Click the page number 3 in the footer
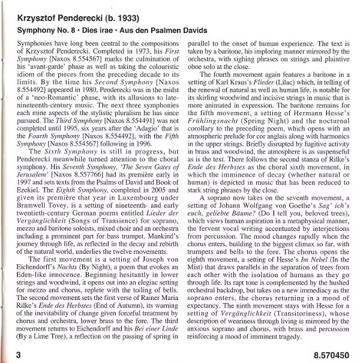click(19, 355)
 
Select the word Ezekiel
click(32, 205)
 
